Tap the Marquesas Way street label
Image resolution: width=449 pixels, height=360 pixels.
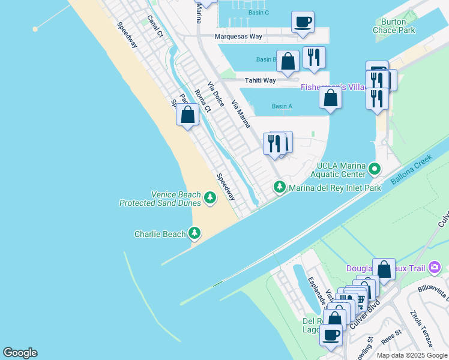(239, 37)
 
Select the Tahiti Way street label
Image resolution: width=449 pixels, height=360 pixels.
(260, 80)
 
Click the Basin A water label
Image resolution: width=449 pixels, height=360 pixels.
(282, 107)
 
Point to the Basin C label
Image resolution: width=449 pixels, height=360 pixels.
(259, 13)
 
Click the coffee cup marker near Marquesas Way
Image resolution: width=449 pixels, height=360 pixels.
(303, 22)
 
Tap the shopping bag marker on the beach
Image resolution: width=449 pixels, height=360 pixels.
(188, 115)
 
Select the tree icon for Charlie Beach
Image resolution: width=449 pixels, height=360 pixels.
(194, 233)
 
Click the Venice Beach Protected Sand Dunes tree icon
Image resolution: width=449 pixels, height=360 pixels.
(209, 197)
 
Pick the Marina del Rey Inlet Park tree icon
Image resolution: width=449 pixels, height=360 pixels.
(279, 187)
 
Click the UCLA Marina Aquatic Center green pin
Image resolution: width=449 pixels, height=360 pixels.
(375, 169)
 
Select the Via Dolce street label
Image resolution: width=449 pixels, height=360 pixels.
(216, 95)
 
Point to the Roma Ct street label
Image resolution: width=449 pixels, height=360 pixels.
(203, 101)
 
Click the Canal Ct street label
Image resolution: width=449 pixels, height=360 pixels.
(155, 26)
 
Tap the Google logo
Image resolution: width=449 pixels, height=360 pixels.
(20, 353)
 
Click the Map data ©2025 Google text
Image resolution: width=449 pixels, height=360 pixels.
(411, 355)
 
